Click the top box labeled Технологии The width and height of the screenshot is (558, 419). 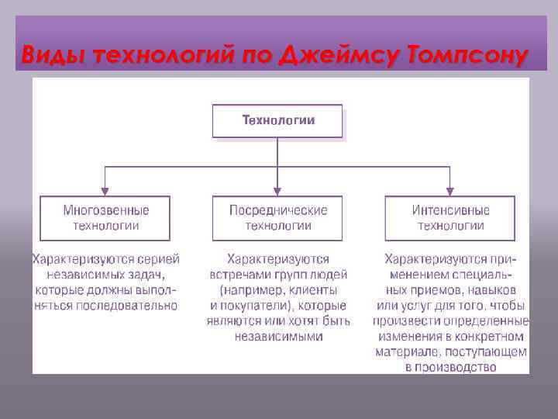point(277,121)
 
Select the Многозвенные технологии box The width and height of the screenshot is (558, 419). point(106,218)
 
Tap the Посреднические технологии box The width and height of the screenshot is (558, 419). point(278,218)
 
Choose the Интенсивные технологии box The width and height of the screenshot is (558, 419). point(450,218)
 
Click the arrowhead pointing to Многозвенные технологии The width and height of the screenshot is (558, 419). point(106,191)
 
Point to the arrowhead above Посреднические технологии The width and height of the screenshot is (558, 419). point(278,191)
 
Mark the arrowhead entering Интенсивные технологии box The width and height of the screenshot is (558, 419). point(450,191)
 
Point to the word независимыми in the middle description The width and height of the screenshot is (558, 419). point(278,337)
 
